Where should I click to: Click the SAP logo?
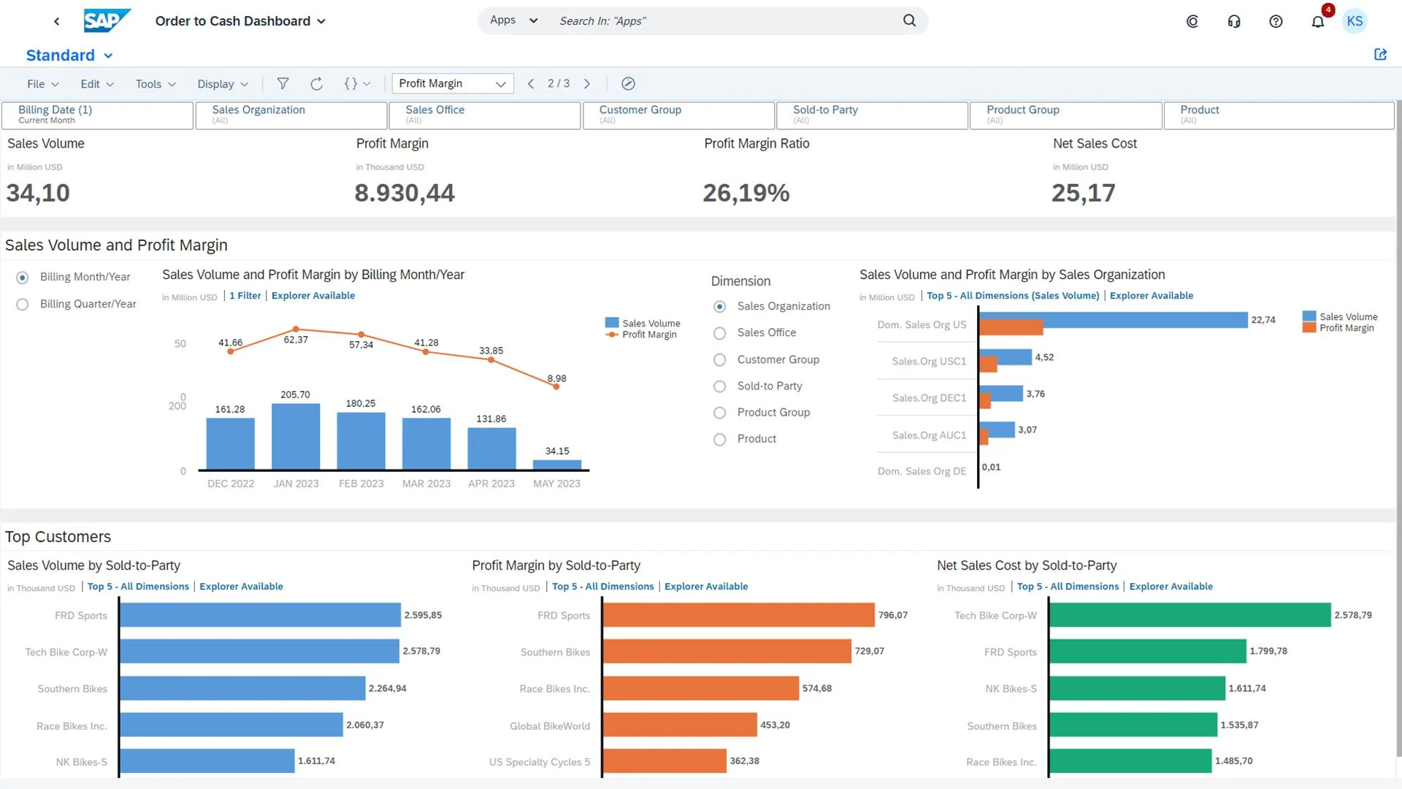tap(107, 20)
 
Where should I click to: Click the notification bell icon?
tap(1317, 21)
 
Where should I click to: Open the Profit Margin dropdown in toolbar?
tap(452, 83)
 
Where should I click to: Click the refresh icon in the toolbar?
tap(316, 84)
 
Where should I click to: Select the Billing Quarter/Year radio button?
tap(23, 304)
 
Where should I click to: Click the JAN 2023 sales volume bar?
tap(296, 436)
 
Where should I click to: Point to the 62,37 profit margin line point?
tap(296, 329)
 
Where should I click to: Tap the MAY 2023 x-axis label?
tap(556, 484)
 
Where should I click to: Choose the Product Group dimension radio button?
tap(719, 413)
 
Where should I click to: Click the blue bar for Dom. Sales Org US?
tap(1112, 319)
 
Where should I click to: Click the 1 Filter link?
tap(245, 296)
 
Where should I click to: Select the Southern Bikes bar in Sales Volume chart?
tap(242, 688)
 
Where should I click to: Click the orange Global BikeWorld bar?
tap(679, 725)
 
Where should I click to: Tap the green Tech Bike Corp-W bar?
tap(1190, 615)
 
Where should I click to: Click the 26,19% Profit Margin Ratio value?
tap(746, 193)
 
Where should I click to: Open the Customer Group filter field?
tap(678, 115)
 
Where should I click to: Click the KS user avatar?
tap(1355, 21)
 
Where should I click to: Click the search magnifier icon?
tap(909, 20)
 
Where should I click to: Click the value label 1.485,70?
tap(1233, 761)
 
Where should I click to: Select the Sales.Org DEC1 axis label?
tap(929, 398)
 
